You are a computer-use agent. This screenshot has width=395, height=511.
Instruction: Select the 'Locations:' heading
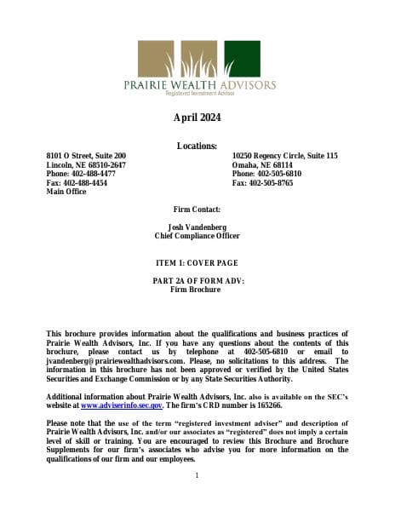pyautogui.click(x=197, y=146)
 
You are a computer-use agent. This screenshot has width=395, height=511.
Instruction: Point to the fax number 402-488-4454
pyautogui.click(x=85, y=183)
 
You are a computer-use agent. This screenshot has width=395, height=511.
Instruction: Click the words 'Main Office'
pyautogui.click(x=66, y=192)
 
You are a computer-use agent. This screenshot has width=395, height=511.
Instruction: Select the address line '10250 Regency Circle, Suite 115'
pyautogui.click(x=284, y=156)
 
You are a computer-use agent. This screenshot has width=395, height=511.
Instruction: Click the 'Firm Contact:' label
pyautogui.click(x=197, y=210)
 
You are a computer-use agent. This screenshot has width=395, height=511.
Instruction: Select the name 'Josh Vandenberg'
pyautogui.click(x=197, y=227)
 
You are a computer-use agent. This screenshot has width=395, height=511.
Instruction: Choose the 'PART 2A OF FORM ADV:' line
pyautogui.click(x=197, y=281)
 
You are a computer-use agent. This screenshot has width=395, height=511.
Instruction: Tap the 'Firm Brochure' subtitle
pyautogui.click(x=197, y=290)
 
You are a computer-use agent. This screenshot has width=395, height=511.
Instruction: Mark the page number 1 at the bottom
pyautogui.click(x=197, y=475)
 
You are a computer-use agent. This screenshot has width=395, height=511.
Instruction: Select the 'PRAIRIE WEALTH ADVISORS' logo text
pyautogui.click(x=197, y=86)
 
